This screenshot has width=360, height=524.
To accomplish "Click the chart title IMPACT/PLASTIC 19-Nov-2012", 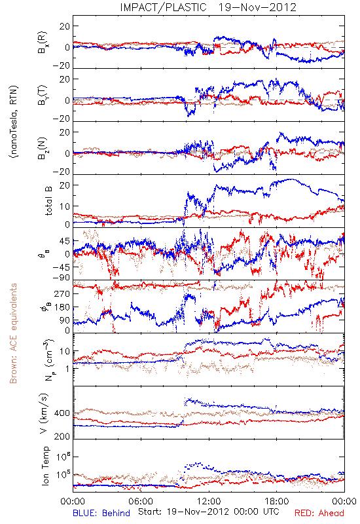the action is tap(208, 7).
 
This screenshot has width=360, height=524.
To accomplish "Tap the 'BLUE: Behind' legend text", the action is tap(101, 513).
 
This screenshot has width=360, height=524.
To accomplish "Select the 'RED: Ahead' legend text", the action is tap(319, 513).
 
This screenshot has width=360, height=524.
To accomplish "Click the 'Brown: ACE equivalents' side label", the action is tap(13, 333).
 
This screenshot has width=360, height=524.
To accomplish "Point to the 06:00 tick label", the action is tap(141, 501).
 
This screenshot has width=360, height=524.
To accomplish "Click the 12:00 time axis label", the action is tap(209, 501).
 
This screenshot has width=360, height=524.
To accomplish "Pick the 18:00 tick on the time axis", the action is tap(276, 501).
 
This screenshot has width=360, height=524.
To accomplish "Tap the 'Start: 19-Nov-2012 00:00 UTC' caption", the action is tap(208, 512).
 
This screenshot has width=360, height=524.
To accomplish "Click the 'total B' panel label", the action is tap(48, 201).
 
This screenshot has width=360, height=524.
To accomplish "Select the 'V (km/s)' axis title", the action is tap(44, 413).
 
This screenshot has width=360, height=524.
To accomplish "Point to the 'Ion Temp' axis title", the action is tap(45, 466).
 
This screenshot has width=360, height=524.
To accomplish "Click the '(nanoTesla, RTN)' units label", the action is tap(14, 121).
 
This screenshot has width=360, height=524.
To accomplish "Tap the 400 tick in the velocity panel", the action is tap(62, 413).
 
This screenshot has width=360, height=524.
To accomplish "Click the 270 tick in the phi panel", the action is tap(62, 293).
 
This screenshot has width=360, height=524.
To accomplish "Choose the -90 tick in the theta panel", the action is tap(62, 278).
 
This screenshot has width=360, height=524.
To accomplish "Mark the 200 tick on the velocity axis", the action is tap(62, 436).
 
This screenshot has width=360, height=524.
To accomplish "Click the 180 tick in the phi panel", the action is tap(62, 307).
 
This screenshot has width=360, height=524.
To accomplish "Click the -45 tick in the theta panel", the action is tap(62, 267).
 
